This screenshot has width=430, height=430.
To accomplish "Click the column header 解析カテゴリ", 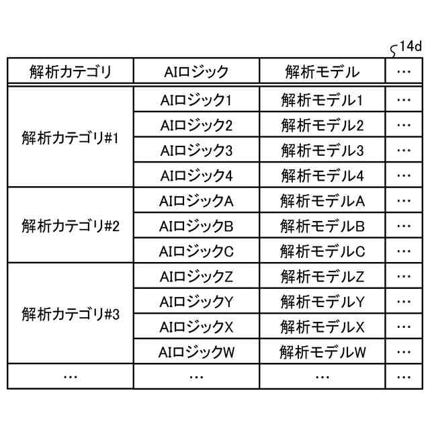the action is point(70,71).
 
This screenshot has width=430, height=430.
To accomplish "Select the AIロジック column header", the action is point(196,71).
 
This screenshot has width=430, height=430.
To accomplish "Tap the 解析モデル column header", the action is point(322,71).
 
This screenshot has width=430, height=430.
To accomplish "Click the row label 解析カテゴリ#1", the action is point(70,138).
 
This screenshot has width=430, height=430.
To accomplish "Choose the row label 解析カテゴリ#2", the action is point(70,226).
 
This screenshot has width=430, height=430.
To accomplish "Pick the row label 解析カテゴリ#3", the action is point(70,314).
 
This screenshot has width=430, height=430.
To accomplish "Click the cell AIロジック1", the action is point(196,101).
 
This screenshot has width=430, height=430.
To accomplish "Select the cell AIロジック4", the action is point(196,176).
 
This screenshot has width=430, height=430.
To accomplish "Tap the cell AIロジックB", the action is point(196,226).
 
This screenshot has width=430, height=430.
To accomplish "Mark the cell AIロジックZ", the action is point(196,276).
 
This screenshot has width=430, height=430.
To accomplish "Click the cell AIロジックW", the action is point(196,351).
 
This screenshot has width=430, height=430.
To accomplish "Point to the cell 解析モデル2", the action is point(322,126).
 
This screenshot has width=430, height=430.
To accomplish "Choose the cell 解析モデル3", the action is point(322,150).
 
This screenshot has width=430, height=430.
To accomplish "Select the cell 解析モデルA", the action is point(322,201).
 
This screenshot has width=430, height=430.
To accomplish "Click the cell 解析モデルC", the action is point(322,251).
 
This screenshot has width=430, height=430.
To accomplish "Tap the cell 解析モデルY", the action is point(322,301).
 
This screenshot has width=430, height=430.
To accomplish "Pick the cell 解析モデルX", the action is point(322,327).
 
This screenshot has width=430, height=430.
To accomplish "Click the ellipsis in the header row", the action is point(404,72).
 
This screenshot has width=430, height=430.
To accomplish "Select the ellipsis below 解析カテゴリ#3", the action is point(70,377).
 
